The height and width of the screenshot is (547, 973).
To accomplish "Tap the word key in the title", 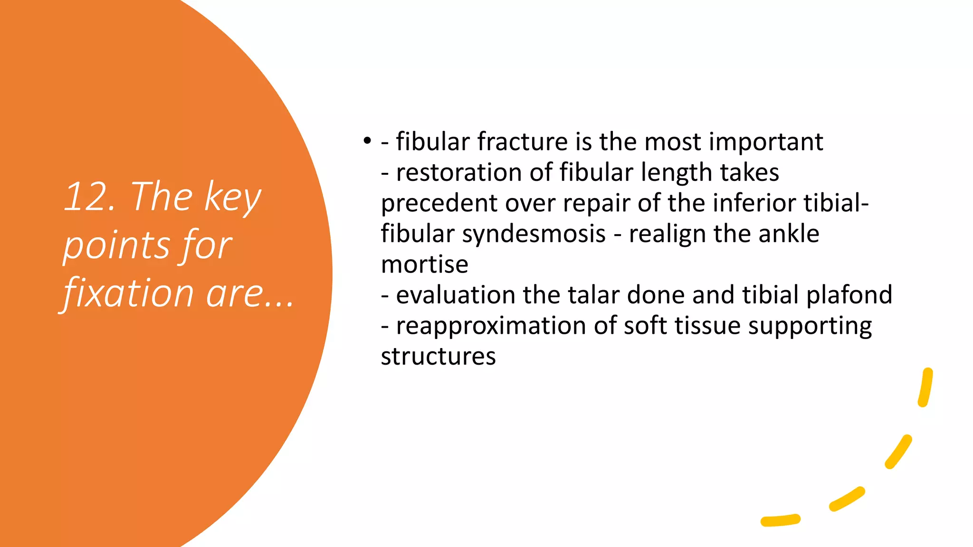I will point(232,198).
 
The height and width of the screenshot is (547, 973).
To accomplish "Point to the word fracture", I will point(522,141).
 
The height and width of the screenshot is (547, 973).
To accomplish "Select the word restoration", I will point(459,172).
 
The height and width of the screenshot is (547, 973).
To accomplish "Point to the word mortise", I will point(424,264).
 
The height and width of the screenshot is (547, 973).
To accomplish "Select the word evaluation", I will point(455,295).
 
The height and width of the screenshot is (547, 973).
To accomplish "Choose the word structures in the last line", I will point(438,356).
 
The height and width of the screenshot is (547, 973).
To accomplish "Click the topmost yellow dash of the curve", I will point(925,387).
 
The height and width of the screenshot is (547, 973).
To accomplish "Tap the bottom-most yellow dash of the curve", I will point(781,520).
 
